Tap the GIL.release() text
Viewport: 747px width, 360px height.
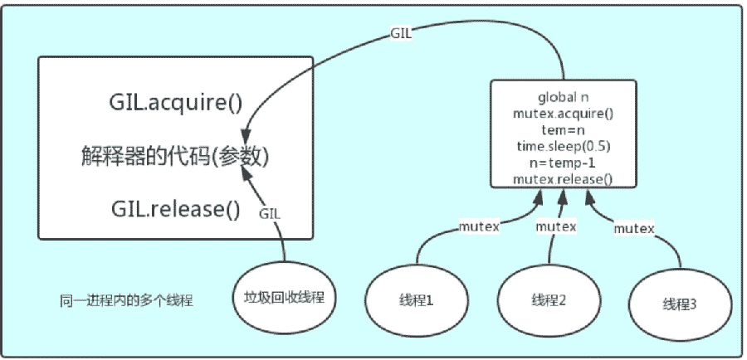tap(176, 208)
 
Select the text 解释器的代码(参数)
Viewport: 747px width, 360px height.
tap(175, 157)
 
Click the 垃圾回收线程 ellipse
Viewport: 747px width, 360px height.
tap(285, 298)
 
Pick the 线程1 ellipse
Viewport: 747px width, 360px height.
tap(417, 301)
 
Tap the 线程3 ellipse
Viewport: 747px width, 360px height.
tap(680, 304)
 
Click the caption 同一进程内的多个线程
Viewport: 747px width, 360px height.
tap(127, 301)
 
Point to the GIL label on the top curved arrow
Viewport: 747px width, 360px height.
tap(401, 34)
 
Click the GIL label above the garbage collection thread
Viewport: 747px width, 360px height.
tap(270, 214)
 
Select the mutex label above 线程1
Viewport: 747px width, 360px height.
tap(479, 226)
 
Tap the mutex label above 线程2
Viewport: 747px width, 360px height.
tap(556, 226)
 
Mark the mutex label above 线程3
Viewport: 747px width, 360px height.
tap(634, 229)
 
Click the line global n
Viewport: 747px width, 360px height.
tap(563, 97)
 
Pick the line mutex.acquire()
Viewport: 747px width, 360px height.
tap(563, 114)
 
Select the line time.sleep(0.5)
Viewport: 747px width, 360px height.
tap(563, 146)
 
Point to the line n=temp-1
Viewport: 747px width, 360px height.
tap(563, 163)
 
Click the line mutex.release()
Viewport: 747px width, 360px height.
tap(563, 179)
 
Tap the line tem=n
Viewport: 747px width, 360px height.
tap(563, 130)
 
